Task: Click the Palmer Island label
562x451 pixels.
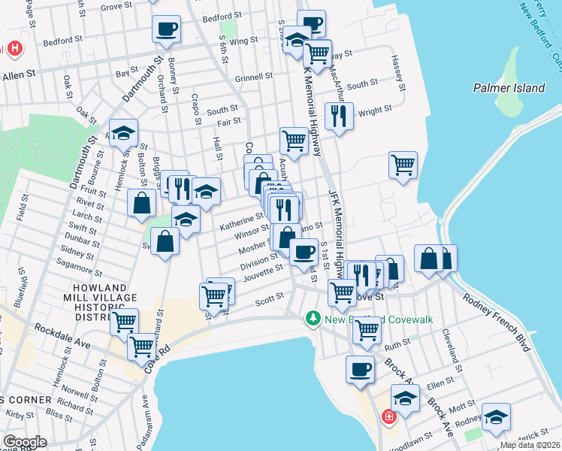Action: pyautogui.click(x=509, y=88)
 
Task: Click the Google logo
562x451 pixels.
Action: pyautogui.click(x=25, y=441)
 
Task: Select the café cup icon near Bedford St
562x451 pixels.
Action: pyautogui.click(x=166, y=29)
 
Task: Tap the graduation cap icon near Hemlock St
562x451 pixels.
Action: pyautogui.click(x=124, y=134)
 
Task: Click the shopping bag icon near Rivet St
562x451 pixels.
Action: pyautogui.click(x=141, y=202)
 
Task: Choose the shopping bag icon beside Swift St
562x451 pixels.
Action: pyautogui.click(x=165, y=241)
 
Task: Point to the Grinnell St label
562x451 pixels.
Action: pyautogui.click(x=253, y=77)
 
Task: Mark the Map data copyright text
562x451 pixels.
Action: pyautogui.click(x=530, y=445)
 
